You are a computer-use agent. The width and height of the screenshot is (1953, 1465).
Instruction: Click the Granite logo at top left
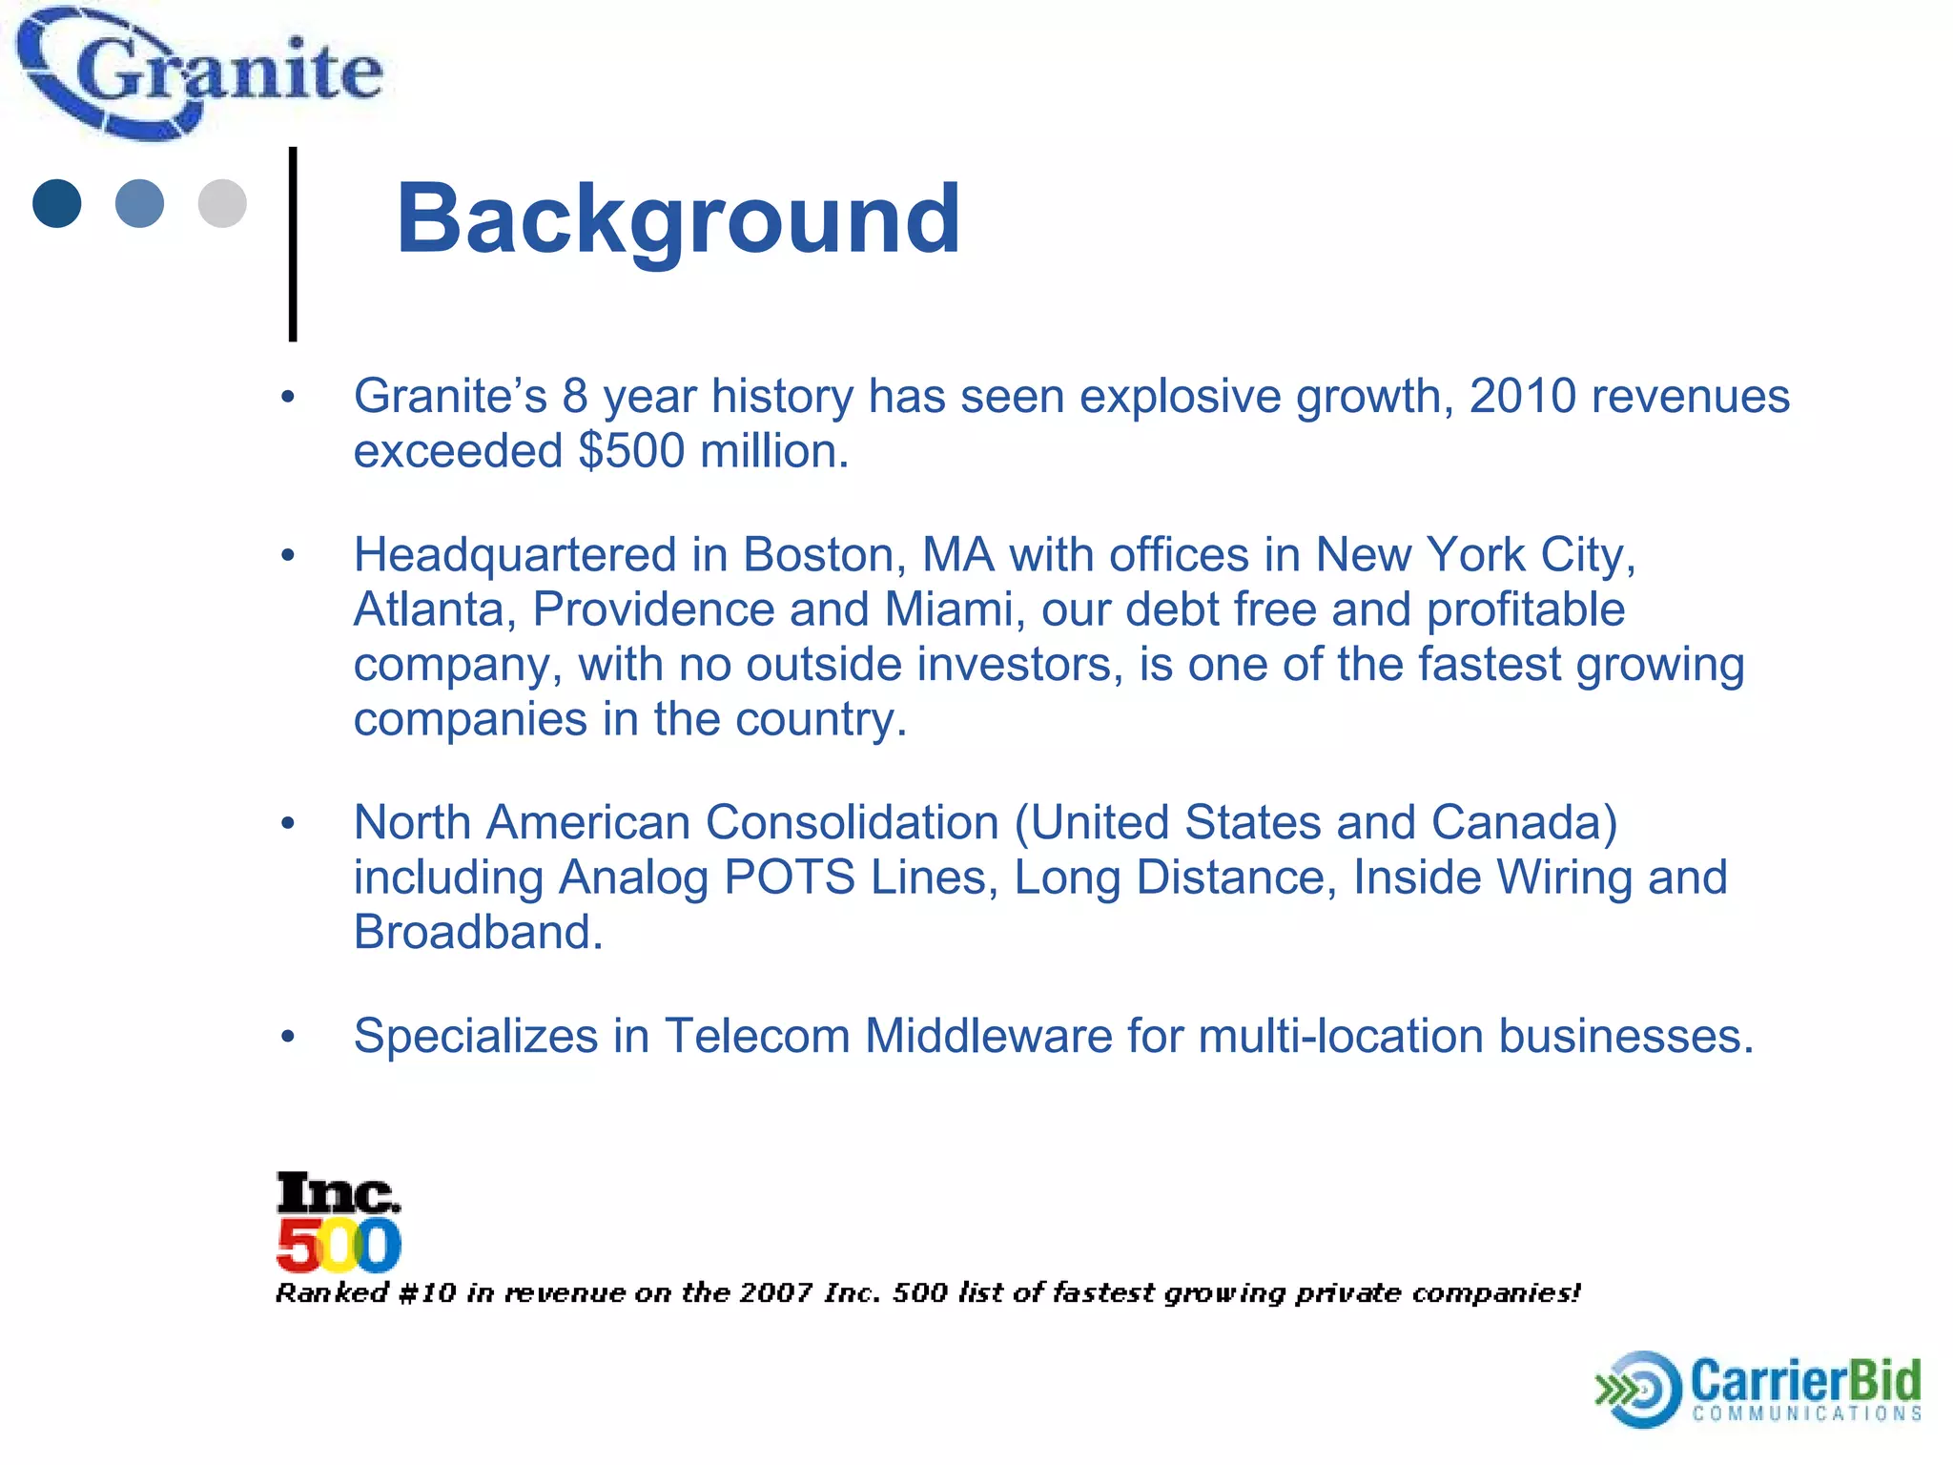point(200,74)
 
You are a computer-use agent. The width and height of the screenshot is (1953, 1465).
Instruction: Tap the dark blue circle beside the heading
point(57,203)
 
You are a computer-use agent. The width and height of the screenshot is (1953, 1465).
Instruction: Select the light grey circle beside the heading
point(222,203)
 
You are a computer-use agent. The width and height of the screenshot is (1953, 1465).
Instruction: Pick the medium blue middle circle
point(139,203)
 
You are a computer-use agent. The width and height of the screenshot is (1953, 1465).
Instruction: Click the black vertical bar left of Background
point(293,244)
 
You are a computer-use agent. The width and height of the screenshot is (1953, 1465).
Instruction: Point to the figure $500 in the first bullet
point(631,451)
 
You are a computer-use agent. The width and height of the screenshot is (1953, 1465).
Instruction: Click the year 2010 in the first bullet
point(1522,396)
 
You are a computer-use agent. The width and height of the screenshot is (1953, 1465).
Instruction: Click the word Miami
point(955,609)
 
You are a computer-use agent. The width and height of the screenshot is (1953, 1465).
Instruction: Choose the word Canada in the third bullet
point(1524,823)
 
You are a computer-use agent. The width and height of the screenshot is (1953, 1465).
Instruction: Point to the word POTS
point(790,877)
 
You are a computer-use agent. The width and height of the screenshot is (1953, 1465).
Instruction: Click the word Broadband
point(478,933)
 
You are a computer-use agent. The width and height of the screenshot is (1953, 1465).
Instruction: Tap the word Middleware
point(988,1036)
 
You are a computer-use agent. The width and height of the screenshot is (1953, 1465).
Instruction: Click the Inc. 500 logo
point(339,1223)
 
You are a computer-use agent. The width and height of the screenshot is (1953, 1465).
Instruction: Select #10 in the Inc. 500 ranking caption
point(426,1293)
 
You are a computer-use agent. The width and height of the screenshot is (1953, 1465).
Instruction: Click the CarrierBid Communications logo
point(1758,1389)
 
